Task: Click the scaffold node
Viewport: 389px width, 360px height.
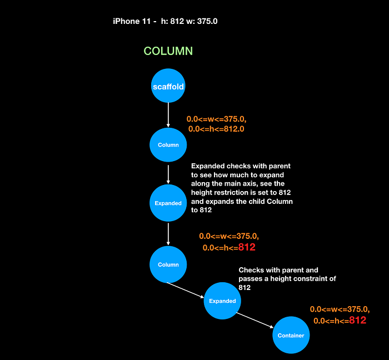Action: click(x=168, y=86)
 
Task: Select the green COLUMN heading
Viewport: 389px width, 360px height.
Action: click(x=168, y=51)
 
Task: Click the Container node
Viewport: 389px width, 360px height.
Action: click(x=291, y=335)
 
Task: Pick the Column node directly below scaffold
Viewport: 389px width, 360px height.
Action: click(x=168, y=145)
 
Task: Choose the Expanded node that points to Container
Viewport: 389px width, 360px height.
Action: click(x=222, y=301)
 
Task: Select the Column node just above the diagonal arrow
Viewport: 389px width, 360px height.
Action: click(x=168, y=264)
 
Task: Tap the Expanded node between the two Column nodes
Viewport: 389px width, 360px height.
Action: click(x=168, y=203)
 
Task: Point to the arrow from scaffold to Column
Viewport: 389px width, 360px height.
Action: click(x=168, y=115)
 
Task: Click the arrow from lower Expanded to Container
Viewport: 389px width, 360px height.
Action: click(x=255, y=321)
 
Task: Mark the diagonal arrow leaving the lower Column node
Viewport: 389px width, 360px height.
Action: click(x=185, y=290)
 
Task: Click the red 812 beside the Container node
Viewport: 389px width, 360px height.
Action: click(x=357, y=321)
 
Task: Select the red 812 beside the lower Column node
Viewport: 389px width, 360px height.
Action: click(x=247, y=247)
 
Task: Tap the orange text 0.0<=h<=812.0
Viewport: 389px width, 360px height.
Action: click(x=216, y=129)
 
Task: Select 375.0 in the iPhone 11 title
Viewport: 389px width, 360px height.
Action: click(x=207, y=21)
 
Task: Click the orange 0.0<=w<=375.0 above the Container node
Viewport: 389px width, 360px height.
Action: click(x=340, y=309)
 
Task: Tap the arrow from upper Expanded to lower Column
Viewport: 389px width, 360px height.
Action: click(x=168, y=234)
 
